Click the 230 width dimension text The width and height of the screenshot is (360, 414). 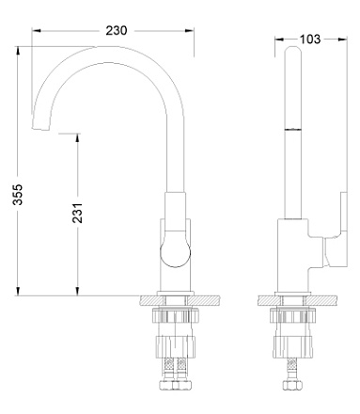pos(117,30)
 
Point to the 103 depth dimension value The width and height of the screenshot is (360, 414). pos(308,39)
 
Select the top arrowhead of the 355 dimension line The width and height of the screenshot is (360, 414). pos(19,45)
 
